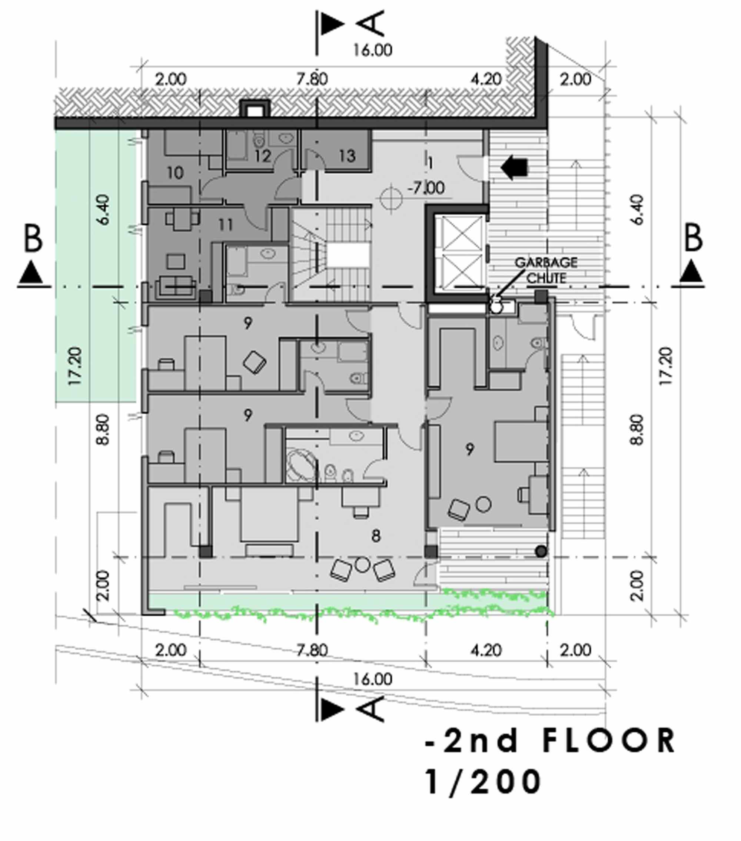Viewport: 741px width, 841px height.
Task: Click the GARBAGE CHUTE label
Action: tap(546, 270)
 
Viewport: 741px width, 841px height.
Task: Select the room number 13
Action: tap(348, 156)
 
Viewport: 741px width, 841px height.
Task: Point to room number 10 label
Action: tap(175, 173)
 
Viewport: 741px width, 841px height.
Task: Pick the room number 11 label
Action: tap(226, 225)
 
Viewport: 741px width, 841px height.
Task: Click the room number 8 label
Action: tap(376, 536)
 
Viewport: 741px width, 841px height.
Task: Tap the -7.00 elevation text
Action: tap(426, 188)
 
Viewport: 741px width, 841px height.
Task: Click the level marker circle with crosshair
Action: tap(391, 199)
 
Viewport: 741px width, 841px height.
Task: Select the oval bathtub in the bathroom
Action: tap(301, 466)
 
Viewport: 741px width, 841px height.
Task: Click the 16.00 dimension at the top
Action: tap(373, 50)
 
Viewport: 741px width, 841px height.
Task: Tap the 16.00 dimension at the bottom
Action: tap(373, 679)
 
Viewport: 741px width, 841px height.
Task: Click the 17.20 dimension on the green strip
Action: tap(76, 366)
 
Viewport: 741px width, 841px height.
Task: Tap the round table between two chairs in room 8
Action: tap(362, 564)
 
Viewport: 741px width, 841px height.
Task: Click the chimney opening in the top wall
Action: tap(255, 110)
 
